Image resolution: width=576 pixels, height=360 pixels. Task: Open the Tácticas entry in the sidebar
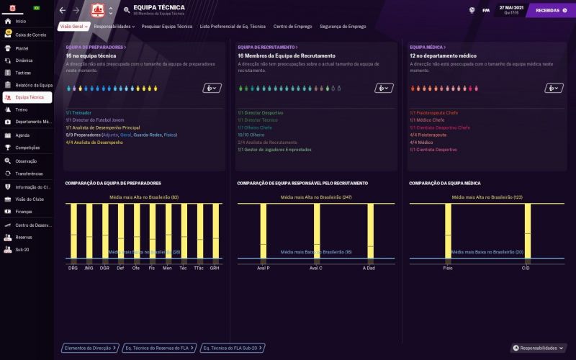pos(23,73)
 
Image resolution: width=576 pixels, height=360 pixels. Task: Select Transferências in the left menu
pos(29,174)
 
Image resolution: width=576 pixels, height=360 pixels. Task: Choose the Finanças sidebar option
pos(23,212)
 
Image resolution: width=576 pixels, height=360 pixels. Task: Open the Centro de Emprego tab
pos(292,26)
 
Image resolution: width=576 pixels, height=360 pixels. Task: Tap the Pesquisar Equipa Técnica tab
pos(167,26)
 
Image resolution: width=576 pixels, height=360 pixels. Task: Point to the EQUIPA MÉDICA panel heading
pos(426,48)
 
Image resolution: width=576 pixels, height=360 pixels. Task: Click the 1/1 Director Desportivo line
pos(260,113)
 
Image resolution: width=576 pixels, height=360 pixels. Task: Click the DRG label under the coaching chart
pos(73,268)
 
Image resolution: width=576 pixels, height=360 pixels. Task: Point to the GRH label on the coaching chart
pos(215,268)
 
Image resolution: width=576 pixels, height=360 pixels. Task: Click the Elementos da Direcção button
pos(90,348)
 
